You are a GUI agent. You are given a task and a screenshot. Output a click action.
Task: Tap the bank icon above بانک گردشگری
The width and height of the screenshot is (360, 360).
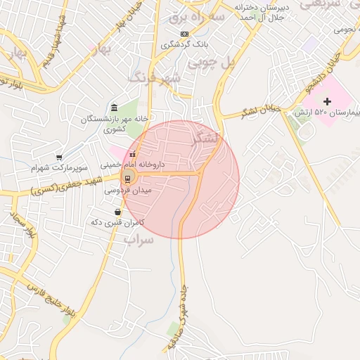click(x=184, y=34)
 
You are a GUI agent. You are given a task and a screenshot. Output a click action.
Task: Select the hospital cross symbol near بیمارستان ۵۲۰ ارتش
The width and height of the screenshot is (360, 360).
click(x=327, y=102)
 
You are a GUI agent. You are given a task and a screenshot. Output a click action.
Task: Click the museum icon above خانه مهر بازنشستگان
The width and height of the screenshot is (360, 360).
click(x=114, y=107)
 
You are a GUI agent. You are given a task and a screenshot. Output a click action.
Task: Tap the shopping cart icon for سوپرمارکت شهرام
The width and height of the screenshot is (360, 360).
click(x=59, y=157)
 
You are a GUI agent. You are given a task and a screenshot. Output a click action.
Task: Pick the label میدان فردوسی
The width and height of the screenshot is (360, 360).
click(x=127, y=190)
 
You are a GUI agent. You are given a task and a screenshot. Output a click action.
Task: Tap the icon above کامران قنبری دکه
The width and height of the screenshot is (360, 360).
click(x=117, y=212)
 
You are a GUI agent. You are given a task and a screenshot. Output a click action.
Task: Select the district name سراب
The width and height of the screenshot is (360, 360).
click(x=138, y=239)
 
